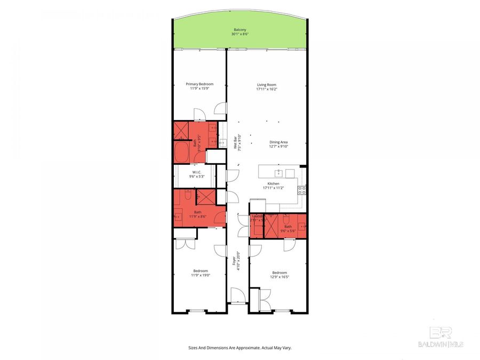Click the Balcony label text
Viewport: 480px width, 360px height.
240,29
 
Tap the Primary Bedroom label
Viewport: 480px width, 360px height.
199,84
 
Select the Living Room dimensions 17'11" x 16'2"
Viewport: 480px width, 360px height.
266,89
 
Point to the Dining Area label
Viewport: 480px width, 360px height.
279,142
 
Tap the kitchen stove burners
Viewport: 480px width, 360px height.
302,189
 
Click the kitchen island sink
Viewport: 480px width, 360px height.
278,173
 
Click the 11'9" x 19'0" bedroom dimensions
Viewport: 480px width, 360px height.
200,275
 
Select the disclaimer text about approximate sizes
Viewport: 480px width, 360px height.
240,347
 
